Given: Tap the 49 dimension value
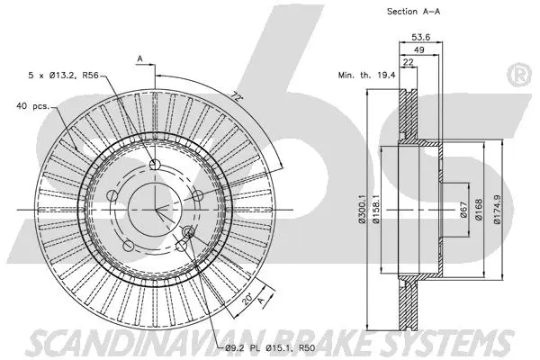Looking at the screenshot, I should [x=418, y=51].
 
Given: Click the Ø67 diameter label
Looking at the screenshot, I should [x=463, y=209].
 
